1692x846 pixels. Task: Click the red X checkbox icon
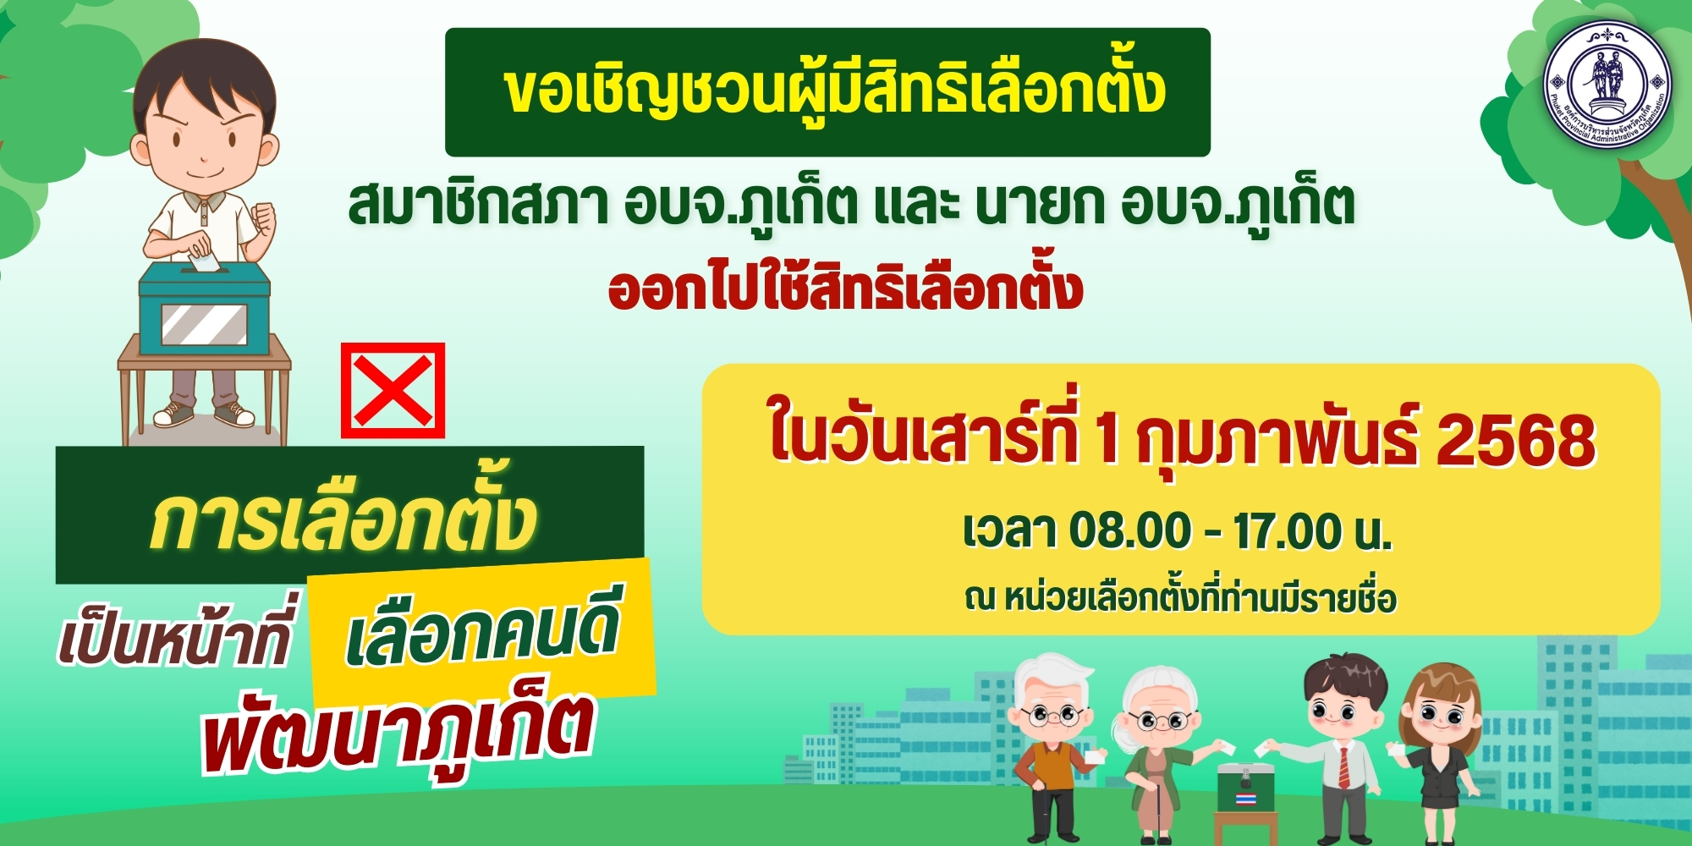click(393, 390)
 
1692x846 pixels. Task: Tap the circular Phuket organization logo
click(1607, 82)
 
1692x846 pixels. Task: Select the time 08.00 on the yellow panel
click(1130, 530)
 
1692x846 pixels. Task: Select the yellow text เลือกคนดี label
click(482, 636)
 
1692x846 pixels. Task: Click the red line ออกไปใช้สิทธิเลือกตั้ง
click(845, 289)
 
